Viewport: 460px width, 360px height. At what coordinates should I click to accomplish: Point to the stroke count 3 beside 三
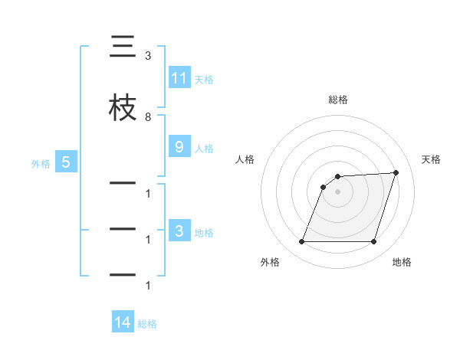click(148, 56)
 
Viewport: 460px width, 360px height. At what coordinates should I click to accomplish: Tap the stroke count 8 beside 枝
click(148, 116)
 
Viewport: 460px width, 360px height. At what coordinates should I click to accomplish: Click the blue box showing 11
click(179, 78)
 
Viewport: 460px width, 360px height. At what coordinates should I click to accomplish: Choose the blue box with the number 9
click(179, 148)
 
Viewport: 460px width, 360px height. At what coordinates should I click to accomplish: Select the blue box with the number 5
click(65, 162)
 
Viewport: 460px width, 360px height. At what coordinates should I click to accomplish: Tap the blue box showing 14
click(122, 323)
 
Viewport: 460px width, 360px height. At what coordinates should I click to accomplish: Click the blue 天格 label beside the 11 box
click(204, 79)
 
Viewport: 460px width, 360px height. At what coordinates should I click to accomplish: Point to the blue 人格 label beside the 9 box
click(204, 149)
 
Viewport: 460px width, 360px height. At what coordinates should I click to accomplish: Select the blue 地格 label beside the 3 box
click(204, 233)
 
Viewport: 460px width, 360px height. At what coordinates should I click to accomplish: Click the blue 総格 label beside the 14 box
click(147, 324)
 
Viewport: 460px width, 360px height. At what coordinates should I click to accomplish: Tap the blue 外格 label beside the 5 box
click(41, 162)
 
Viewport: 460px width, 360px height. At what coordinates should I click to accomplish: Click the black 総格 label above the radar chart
click(338, 100)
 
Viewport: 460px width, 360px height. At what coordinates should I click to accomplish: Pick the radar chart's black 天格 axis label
click(432, 159)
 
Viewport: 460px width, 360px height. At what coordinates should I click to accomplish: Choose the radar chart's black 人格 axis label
click(245, 159)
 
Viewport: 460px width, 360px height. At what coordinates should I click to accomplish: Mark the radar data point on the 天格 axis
click(396, 172)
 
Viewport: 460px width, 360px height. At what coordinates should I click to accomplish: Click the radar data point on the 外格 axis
click(302, 241)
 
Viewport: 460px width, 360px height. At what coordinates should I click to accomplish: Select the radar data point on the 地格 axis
click(373, 241)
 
